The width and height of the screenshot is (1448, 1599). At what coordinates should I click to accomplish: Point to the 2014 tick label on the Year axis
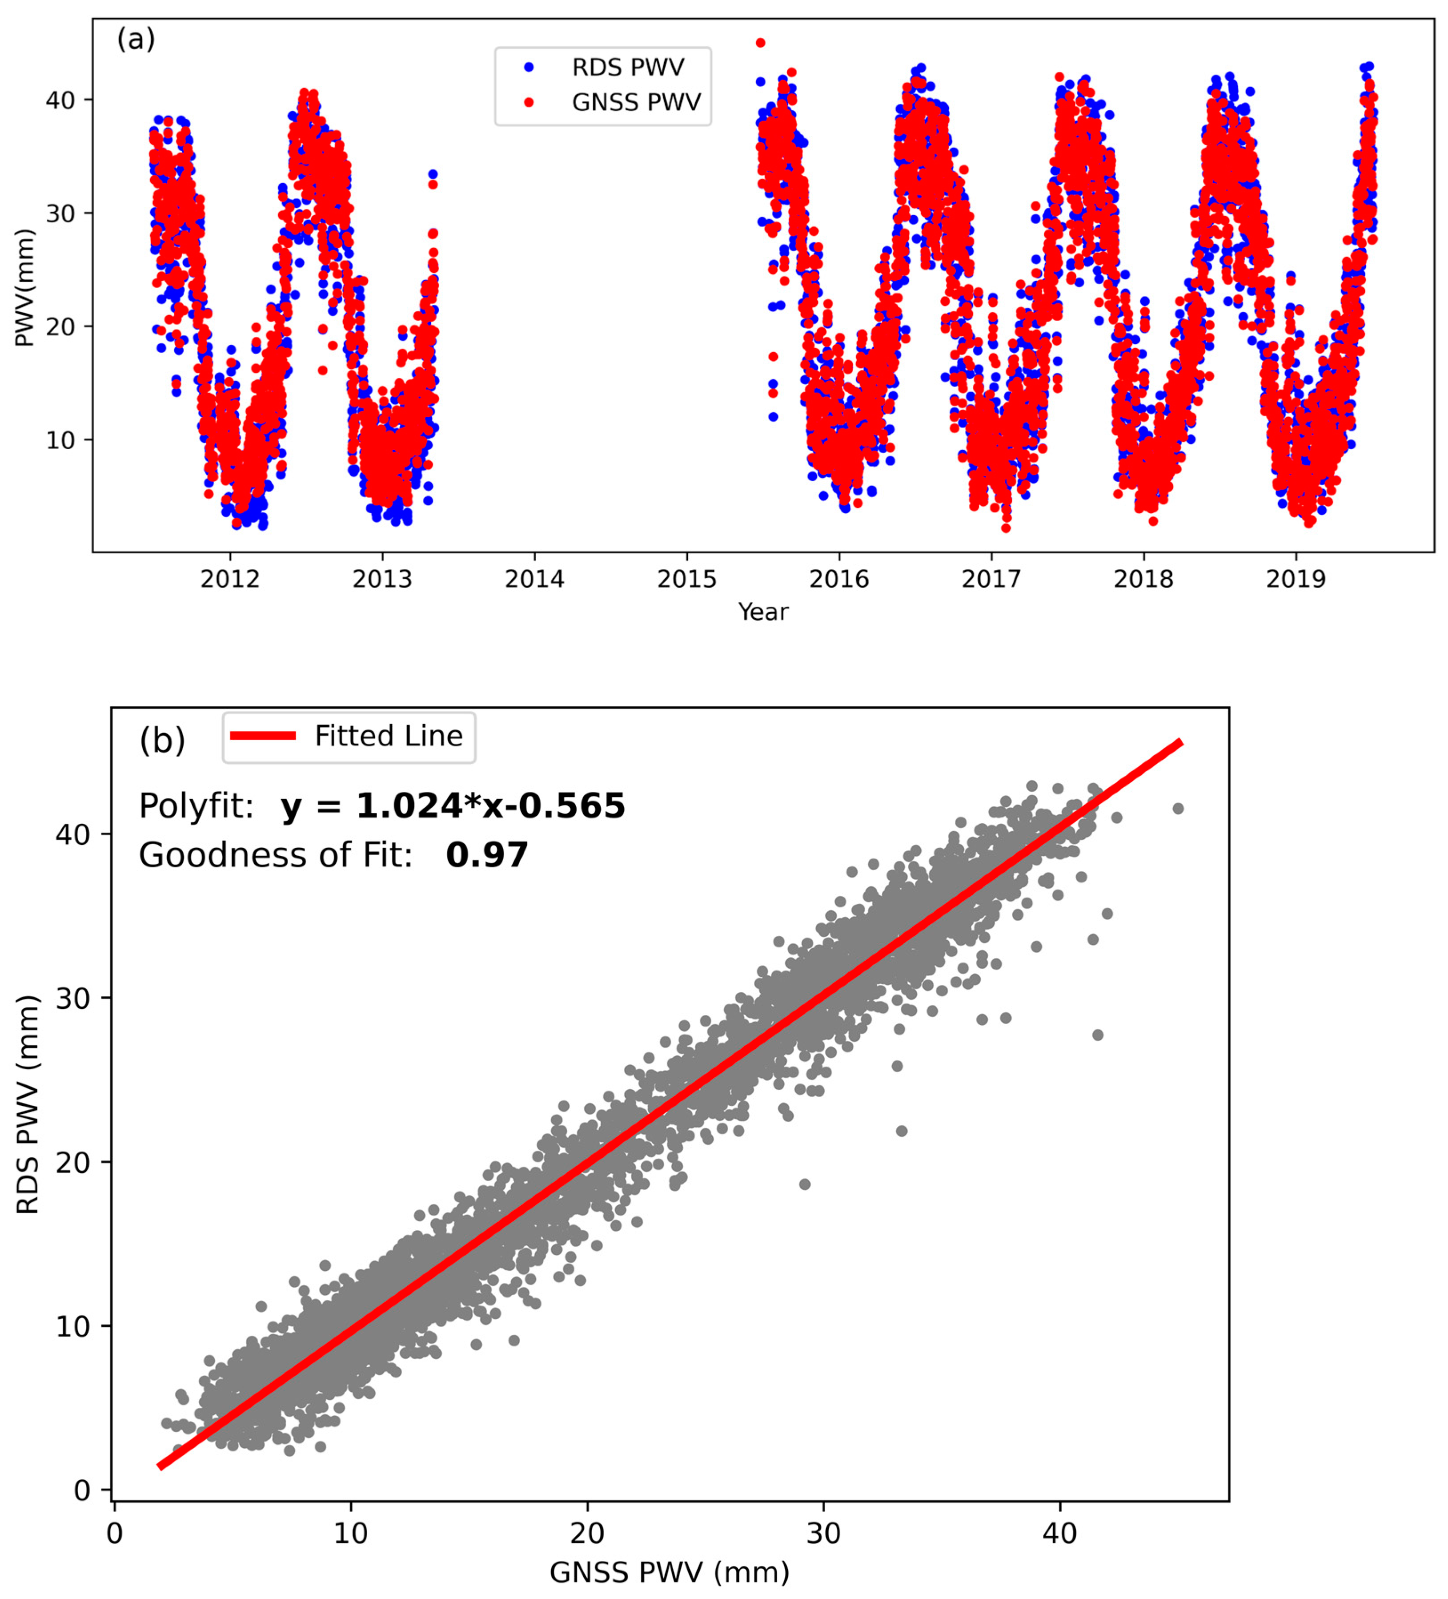pos(534,580)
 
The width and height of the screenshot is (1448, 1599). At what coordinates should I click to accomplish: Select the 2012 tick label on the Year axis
pos(230,580)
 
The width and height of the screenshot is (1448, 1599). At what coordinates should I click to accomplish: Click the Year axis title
pos(763,612)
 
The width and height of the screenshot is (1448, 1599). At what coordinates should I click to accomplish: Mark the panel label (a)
pos(136,38)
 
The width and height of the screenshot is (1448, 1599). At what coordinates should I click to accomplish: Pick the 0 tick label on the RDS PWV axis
pos(82,1490)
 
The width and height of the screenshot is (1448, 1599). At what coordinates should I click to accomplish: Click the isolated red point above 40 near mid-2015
pos(761,43)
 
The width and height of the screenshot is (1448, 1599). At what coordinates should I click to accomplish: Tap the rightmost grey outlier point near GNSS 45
pos(1178,808)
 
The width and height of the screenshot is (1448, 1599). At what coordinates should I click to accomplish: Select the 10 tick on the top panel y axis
pos(60,440)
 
